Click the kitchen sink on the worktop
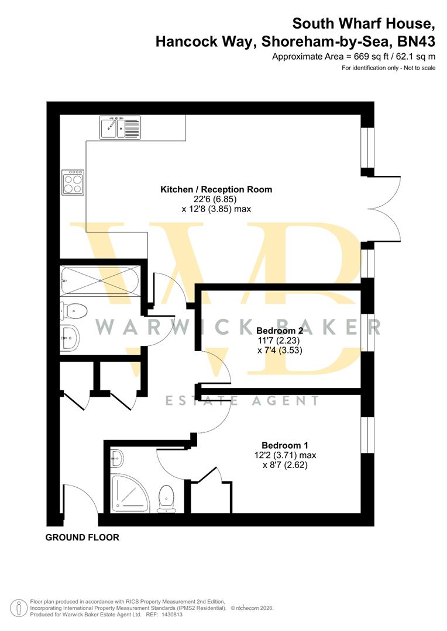(x=120, y=128)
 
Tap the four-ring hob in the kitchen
(x=73, y=182)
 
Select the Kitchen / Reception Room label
(x=216, y=189)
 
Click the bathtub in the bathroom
(x=99, y=280)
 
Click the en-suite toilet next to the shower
(x=167, y=498)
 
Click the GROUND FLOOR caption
(x=82, y=538)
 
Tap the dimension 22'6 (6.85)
(x=216, y=199)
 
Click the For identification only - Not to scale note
(x=388, y=68)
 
